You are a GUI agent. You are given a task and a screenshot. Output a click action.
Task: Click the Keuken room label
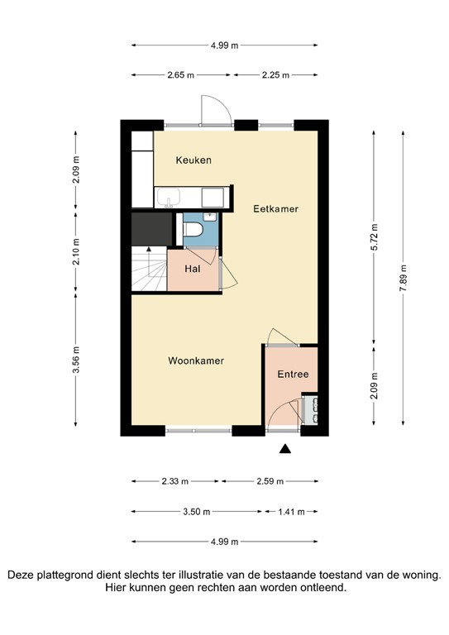[x=193, y=160]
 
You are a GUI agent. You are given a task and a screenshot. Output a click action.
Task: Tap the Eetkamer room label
[x=275, y=209]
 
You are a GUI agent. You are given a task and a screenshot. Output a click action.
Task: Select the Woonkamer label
[x=196, y=360]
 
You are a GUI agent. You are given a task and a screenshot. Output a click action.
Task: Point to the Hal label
[x=192, y=269]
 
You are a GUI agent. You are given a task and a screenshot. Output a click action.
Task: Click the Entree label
[x=293, y=374]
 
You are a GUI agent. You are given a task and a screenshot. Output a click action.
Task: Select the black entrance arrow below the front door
[x=285, y=448]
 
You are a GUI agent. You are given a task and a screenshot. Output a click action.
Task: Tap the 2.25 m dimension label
[x=275, y=75]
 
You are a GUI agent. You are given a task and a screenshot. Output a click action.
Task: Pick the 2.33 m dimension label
[x=174, y=481]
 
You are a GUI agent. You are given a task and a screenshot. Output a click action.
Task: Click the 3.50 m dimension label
[x=197, y=511]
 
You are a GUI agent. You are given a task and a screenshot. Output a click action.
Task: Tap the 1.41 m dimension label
[x=292, y=511]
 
